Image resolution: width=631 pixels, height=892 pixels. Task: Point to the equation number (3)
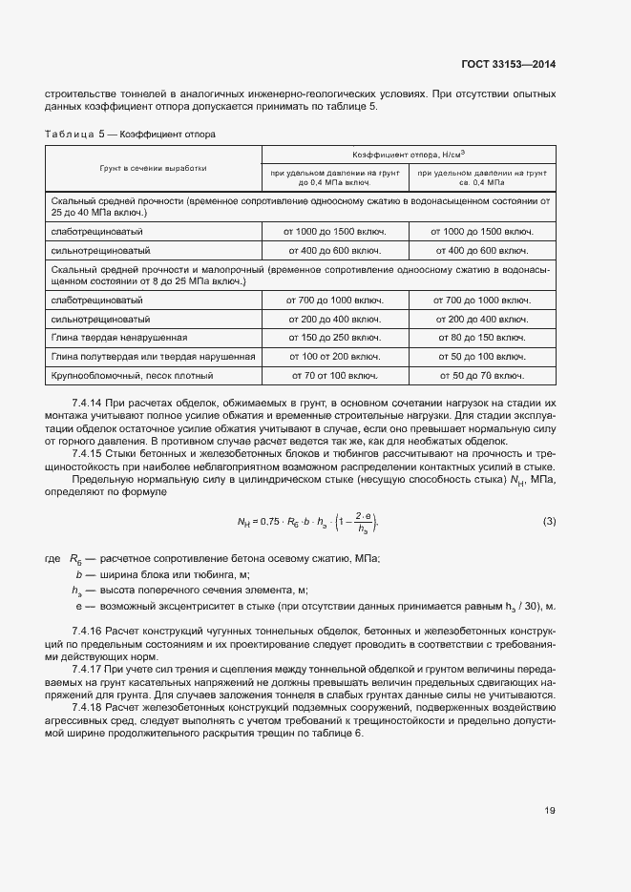click(x=549, y=520)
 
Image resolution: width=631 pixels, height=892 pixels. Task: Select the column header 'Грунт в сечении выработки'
click(x=153, y=168)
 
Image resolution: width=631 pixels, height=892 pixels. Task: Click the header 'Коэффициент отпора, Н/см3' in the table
click(x=409, y=153)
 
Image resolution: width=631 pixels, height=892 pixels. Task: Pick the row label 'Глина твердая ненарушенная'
click(x=119, y=337)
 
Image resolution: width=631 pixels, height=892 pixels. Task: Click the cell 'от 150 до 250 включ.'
click(x=333, y=337)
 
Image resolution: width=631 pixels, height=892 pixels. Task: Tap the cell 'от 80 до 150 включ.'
click(x=481, y=337)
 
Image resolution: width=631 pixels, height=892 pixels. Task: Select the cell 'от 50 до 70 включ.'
click(x=481, y=375)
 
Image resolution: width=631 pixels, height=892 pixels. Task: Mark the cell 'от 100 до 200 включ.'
click(x=333, y=356)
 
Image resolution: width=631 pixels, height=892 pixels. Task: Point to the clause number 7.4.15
click(x=88, y=455)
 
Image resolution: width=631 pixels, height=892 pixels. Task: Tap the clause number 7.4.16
click(x=88, y=633)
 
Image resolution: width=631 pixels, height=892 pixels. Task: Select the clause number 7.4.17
click(x=88, y=669)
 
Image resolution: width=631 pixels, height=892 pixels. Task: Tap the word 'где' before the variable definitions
click(x=53, y=557)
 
